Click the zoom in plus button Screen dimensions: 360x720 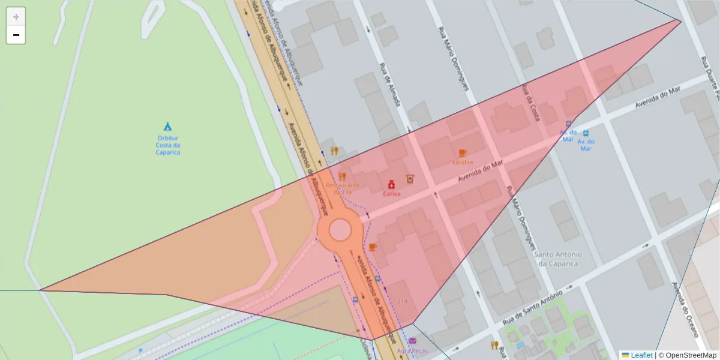pos(16,17)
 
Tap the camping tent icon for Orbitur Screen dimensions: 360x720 pos(168,126)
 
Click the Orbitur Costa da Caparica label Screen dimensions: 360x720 pos(168,145)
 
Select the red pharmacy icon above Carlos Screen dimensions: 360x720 pos(391,184)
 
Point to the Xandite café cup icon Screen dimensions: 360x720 pos(462,153)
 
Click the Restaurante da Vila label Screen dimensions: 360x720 pos(342,188)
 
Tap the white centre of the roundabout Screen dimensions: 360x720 pos(340,230)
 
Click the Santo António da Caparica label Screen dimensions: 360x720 pos(557,259)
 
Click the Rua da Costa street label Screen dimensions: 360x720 pos(530,103)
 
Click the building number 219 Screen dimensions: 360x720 pos(402,301)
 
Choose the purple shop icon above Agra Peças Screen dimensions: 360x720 pos(412,342)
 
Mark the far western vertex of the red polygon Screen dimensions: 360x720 pos(40,290)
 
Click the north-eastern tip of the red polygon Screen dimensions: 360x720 pos(680,21)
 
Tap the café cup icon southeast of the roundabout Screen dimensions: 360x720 pos(372,247)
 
